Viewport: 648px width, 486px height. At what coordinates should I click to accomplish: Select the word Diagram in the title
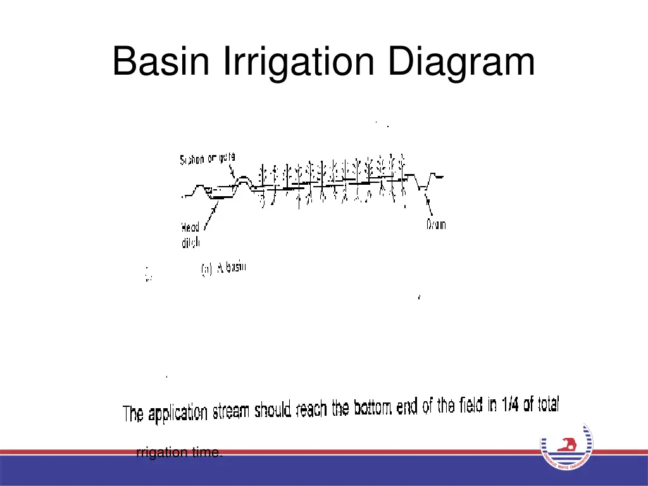[461, 63]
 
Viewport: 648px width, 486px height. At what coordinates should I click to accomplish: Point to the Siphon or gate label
[208, 160]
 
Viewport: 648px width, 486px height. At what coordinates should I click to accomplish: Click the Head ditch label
[190, 235]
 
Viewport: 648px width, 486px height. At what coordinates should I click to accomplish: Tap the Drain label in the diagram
[436, 225]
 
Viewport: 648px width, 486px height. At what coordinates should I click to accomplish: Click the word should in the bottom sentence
[273, 411]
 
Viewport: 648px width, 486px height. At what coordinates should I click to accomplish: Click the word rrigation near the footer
[162, 452]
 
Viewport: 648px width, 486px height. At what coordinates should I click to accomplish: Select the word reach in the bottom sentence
[313, 410]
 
